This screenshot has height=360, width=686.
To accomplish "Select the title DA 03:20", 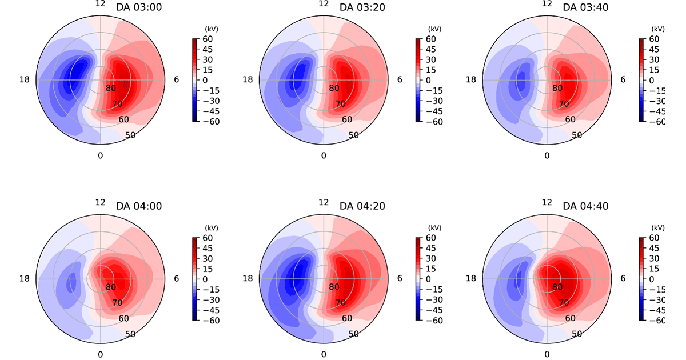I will point(362,7).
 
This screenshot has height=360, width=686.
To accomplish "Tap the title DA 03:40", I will point(585,7).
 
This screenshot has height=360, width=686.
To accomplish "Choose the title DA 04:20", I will point(362,206).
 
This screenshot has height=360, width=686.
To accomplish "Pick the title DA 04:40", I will point(585,206).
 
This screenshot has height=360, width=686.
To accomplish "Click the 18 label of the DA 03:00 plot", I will point(25,79).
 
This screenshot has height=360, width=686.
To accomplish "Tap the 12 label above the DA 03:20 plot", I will point(324,4).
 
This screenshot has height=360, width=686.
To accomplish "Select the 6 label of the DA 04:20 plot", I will point(399,278).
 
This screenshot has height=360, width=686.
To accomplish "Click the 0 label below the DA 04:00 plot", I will point(101,354).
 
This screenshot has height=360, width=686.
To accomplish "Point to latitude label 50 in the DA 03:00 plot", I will point(131,135).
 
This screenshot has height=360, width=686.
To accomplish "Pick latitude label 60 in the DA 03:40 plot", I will point(570,119).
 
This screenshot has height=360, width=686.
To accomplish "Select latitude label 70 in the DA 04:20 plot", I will point(341,303).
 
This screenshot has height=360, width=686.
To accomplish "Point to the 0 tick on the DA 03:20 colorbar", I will point(430,80).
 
